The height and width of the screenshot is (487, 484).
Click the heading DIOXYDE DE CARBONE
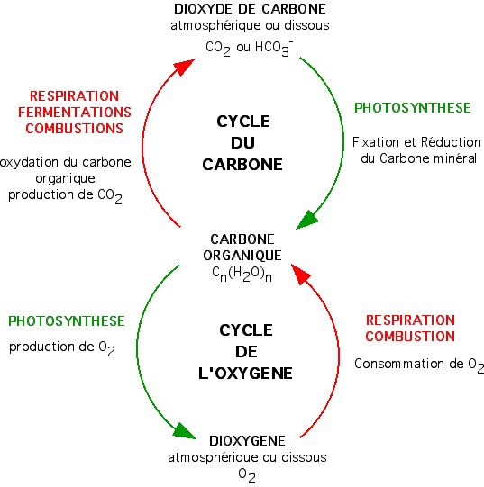250,9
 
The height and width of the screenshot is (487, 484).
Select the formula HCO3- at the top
274,49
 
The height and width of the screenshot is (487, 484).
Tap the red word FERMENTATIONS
75,113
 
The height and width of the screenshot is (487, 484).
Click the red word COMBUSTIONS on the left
74,128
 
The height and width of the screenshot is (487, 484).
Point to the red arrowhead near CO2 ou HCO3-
184,66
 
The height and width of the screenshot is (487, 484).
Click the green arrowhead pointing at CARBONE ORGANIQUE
307,220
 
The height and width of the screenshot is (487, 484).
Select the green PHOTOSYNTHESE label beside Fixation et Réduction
413,108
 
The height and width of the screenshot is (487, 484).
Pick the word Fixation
376,142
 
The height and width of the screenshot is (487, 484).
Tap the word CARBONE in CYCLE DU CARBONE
242,165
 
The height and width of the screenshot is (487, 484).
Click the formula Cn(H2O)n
242,274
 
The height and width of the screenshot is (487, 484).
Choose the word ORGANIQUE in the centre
242,256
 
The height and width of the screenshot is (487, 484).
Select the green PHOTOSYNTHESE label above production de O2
67,321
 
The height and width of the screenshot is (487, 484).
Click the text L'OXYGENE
245,373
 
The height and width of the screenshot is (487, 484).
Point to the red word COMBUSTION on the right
410,337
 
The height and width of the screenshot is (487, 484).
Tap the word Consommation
399,364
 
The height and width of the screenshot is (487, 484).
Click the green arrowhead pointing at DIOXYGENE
184,431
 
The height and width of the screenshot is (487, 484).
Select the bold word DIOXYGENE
247,441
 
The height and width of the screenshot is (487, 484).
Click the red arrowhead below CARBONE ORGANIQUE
300,275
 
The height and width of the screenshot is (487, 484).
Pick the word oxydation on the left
29,162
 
